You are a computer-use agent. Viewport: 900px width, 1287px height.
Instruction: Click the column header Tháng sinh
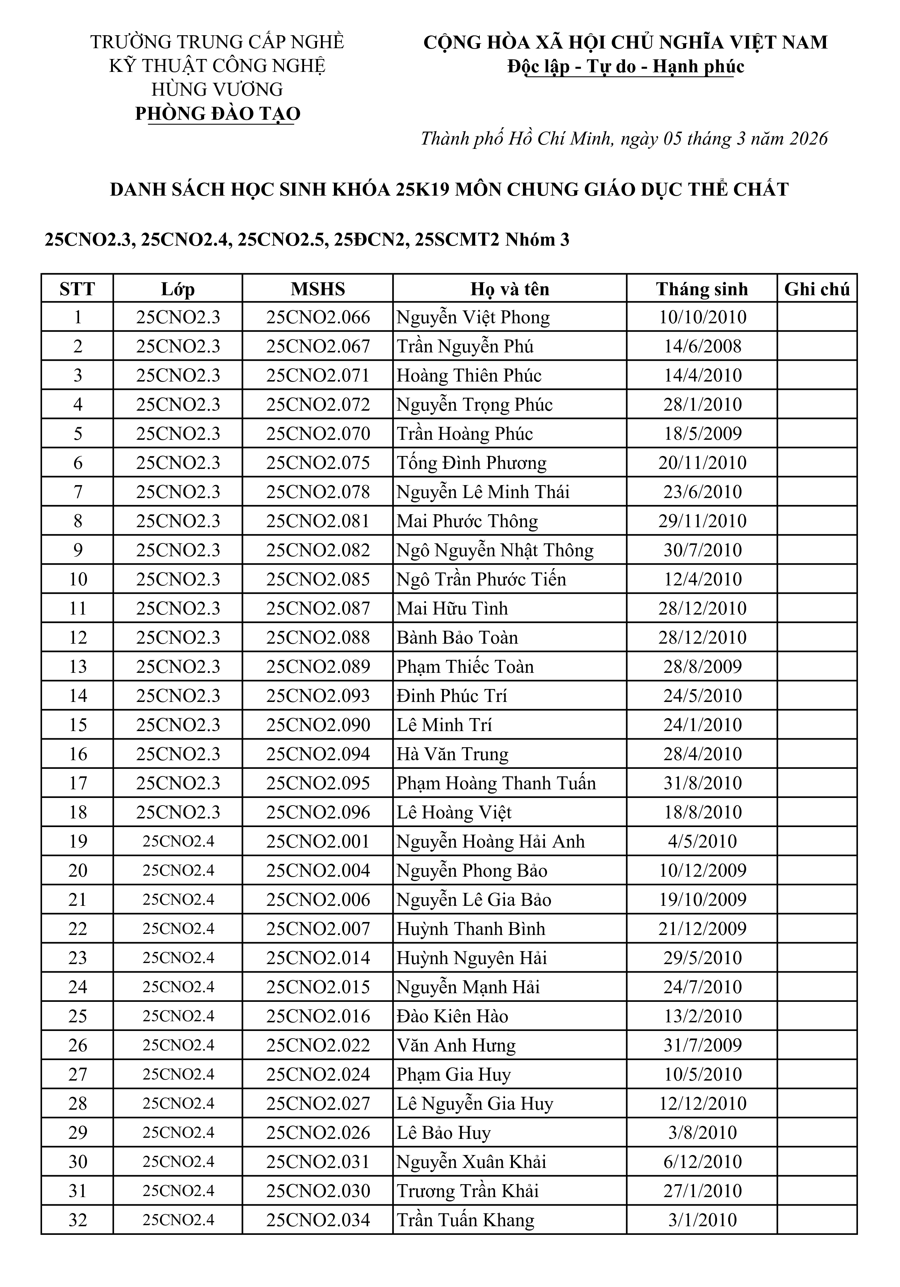click(x=702, y=289)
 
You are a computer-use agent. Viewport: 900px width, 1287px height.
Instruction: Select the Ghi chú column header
click(x=817, y=289)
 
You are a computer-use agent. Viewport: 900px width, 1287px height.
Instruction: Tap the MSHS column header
click(x=318, y=289)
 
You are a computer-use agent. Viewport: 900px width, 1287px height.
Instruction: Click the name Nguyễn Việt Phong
click(x=473, y=317)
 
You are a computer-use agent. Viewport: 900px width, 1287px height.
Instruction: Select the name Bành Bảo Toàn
click(x=457, y=637)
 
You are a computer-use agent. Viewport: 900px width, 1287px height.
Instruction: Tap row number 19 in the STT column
click(x=78, y=841)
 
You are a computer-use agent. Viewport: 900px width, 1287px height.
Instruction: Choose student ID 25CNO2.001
click(x=318, y=841)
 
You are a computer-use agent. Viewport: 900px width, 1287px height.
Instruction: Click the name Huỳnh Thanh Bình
click(x=471, y=929)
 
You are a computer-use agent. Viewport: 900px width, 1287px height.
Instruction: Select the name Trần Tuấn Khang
click(x=465, y=1220)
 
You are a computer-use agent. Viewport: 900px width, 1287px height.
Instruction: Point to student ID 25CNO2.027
click(x=318, y=1104)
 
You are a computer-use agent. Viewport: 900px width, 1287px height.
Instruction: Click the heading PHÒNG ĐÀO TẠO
click(x=218, y=114)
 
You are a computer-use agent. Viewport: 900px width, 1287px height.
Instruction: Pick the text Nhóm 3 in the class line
click(x=537, y=240)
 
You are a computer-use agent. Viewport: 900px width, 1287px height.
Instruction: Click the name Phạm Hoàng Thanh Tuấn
click(x=496, y=783)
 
